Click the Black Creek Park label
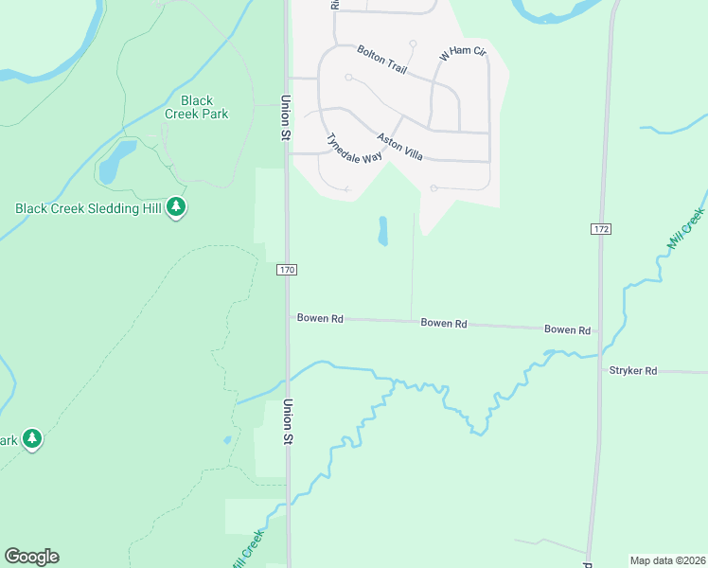tap(196, 107)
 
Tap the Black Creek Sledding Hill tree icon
tap(175, 206)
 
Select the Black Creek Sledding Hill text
tap(88, 208)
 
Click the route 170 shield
tap(288, 270)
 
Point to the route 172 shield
tap(599, 230)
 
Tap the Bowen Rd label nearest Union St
tap(319, 319)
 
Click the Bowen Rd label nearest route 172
tap(567, 329)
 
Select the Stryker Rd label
tap(633, 371)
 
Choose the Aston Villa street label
tap(399, 146)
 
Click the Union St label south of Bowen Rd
tap(285, 421)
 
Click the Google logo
tap(31, 557)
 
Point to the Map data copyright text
tap(666, 560)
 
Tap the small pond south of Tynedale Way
tap(383, 231)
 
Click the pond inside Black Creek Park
tap(110, 162)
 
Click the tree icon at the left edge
tap(32, 438)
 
